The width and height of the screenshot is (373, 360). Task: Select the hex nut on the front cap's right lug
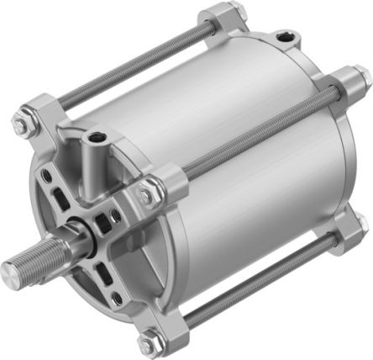pyautogui.click(x=148, y=193)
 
